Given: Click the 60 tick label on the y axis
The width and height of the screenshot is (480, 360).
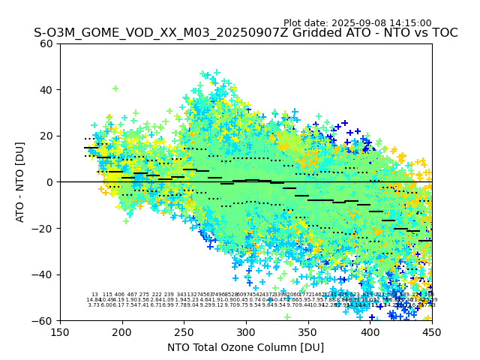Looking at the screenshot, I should [47, 43].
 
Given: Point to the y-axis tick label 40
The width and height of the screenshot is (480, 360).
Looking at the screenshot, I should [47, 90].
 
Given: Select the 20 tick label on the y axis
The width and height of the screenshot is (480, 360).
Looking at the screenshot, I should [47, 136].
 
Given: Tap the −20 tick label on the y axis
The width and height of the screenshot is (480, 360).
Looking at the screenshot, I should [43, 228].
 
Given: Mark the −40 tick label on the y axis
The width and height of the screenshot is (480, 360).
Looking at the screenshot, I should [43, 274].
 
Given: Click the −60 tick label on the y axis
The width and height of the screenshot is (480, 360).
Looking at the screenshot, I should [43, 320].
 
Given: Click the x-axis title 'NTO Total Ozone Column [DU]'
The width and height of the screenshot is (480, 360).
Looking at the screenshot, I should [246, 346].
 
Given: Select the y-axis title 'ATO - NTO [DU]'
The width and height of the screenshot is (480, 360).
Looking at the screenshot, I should [21, 181].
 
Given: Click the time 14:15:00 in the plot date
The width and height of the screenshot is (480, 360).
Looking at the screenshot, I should [409, 23].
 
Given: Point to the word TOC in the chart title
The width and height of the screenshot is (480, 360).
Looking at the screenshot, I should [442, 33].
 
